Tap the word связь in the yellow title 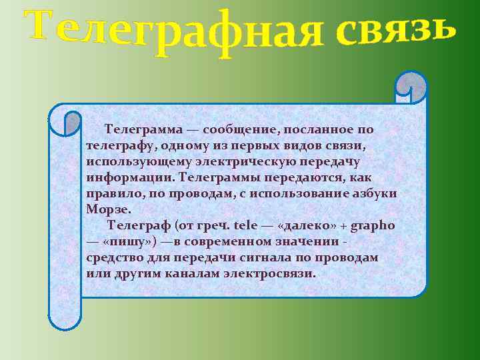click(x=397, y=29)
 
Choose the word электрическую click(x=267, y=161)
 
